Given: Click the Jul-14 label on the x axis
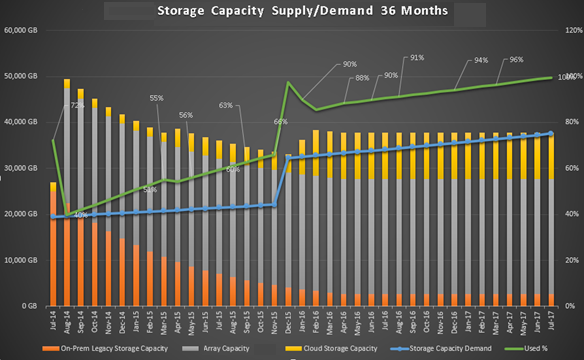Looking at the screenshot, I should pos(52,322).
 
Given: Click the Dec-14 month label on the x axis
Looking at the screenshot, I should pos(121,322).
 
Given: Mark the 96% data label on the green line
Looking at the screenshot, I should pos(516,59).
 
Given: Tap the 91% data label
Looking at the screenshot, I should pos(416,57).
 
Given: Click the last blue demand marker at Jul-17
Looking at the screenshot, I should pos(549,134).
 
